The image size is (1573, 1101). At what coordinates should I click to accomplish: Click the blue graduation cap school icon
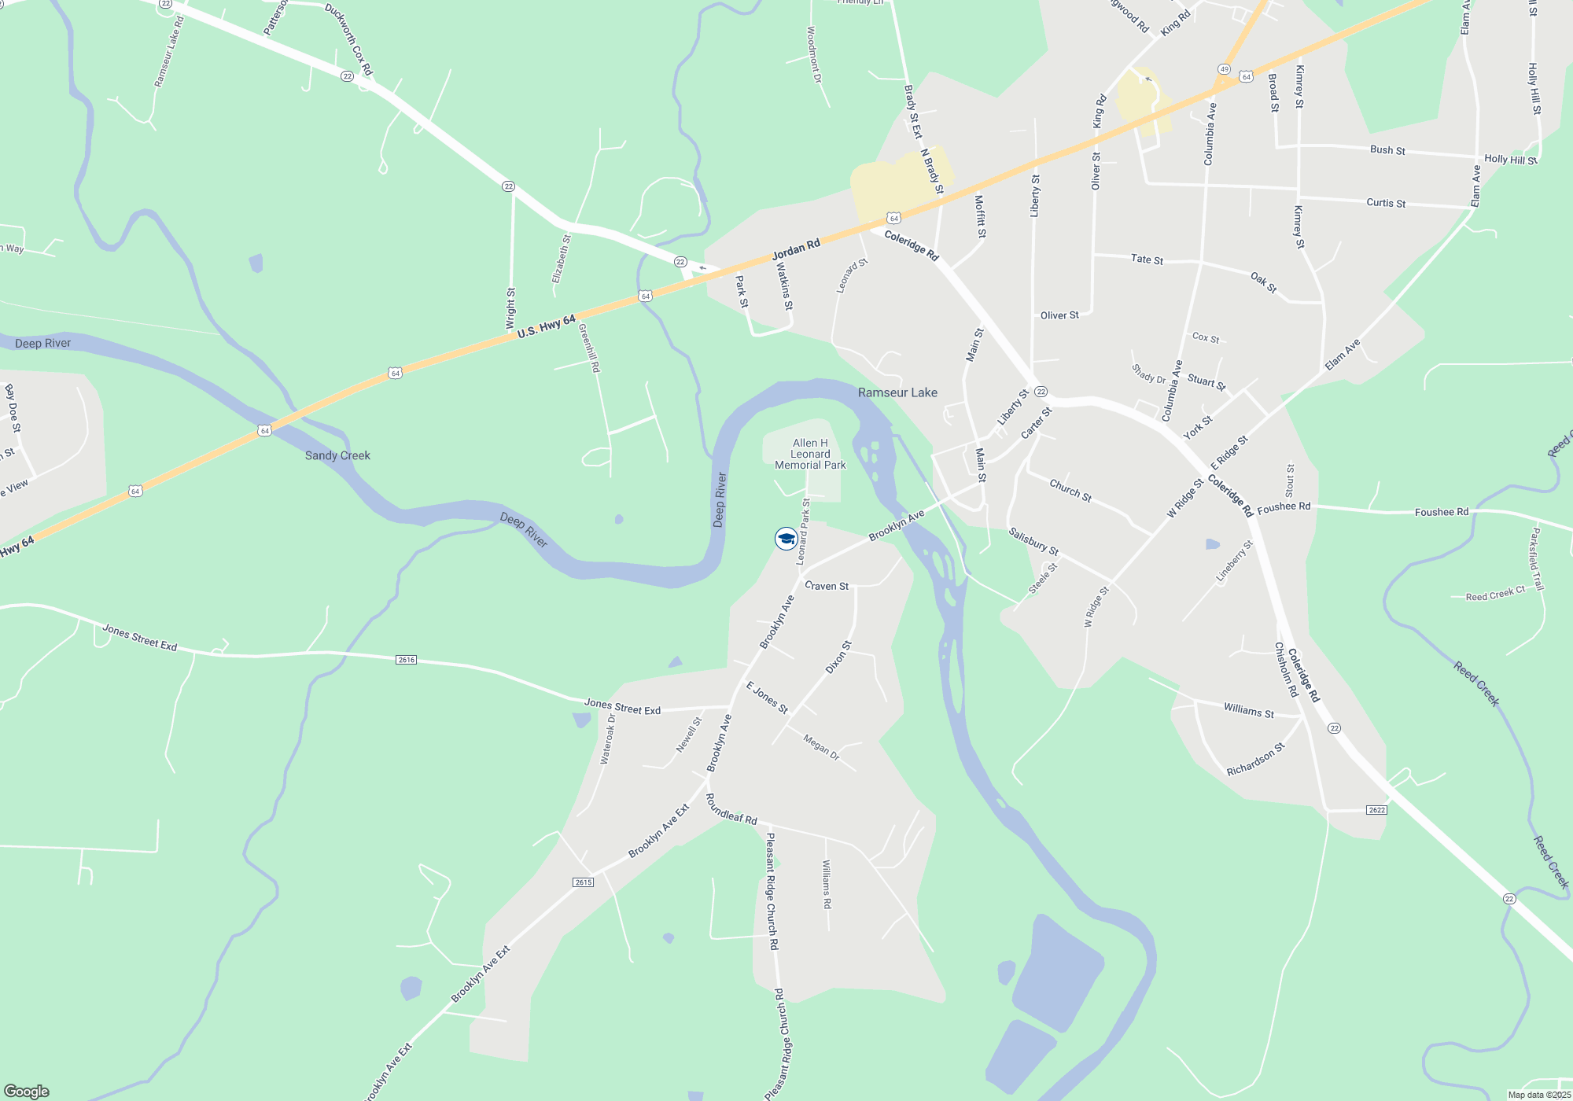(x=786, y=539)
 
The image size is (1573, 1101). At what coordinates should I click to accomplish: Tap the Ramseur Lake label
(x=897, y=392)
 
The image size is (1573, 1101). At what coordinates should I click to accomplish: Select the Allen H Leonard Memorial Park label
(x=810, y=454)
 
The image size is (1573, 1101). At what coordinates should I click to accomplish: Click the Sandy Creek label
(x=337, y=455)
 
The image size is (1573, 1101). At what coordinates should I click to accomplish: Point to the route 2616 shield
(x=406, y=660)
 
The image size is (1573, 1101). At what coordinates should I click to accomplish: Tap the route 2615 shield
(x=583, y=882)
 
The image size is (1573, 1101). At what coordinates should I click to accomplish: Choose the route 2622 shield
(x=1376, y=810)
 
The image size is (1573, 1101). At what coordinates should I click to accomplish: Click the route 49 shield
(x=1225, y=69)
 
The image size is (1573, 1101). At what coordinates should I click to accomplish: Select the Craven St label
(x=827, y=586)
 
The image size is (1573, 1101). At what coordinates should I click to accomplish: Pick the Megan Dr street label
(x=821, y=746)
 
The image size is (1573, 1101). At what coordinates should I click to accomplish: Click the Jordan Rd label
(x=796, y=249)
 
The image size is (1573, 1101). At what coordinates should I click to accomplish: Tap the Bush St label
(x=1387, y=149)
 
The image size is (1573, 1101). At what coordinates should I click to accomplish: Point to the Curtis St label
(x=1386, y=202)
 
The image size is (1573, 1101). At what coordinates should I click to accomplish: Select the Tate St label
(x=1147, y=259)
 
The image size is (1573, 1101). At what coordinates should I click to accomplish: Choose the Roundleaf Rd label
(x=731, y=809)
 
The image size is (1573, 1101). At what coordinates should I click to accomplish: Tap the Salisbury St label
(x=1033, y=541)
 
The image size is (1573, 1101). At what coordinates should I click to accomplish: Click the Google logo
(x=27, y=1092)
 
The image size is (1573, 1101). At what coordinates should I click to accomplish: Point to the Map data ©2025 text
(x=1538, y=1095)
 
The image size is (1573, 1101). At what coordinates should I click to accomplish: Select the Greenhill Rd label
(x=589, y=348)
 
